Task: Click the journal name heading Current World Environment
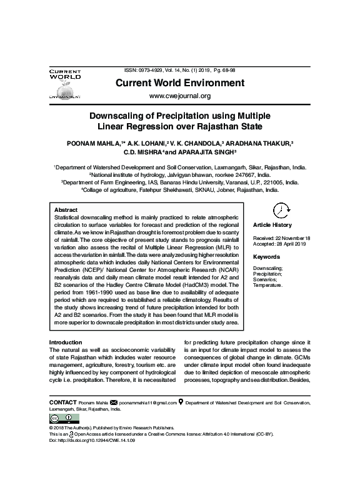[x=179, y=82]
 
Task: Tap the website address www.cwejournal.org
[x=179, y=96]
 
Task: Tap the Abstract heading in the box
[x=66, y=210]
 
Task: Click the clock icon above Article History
[x=282, y=209]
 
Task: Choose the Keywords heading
[x=266, y=257]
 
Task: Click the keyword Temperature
[x=268, y=285]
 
